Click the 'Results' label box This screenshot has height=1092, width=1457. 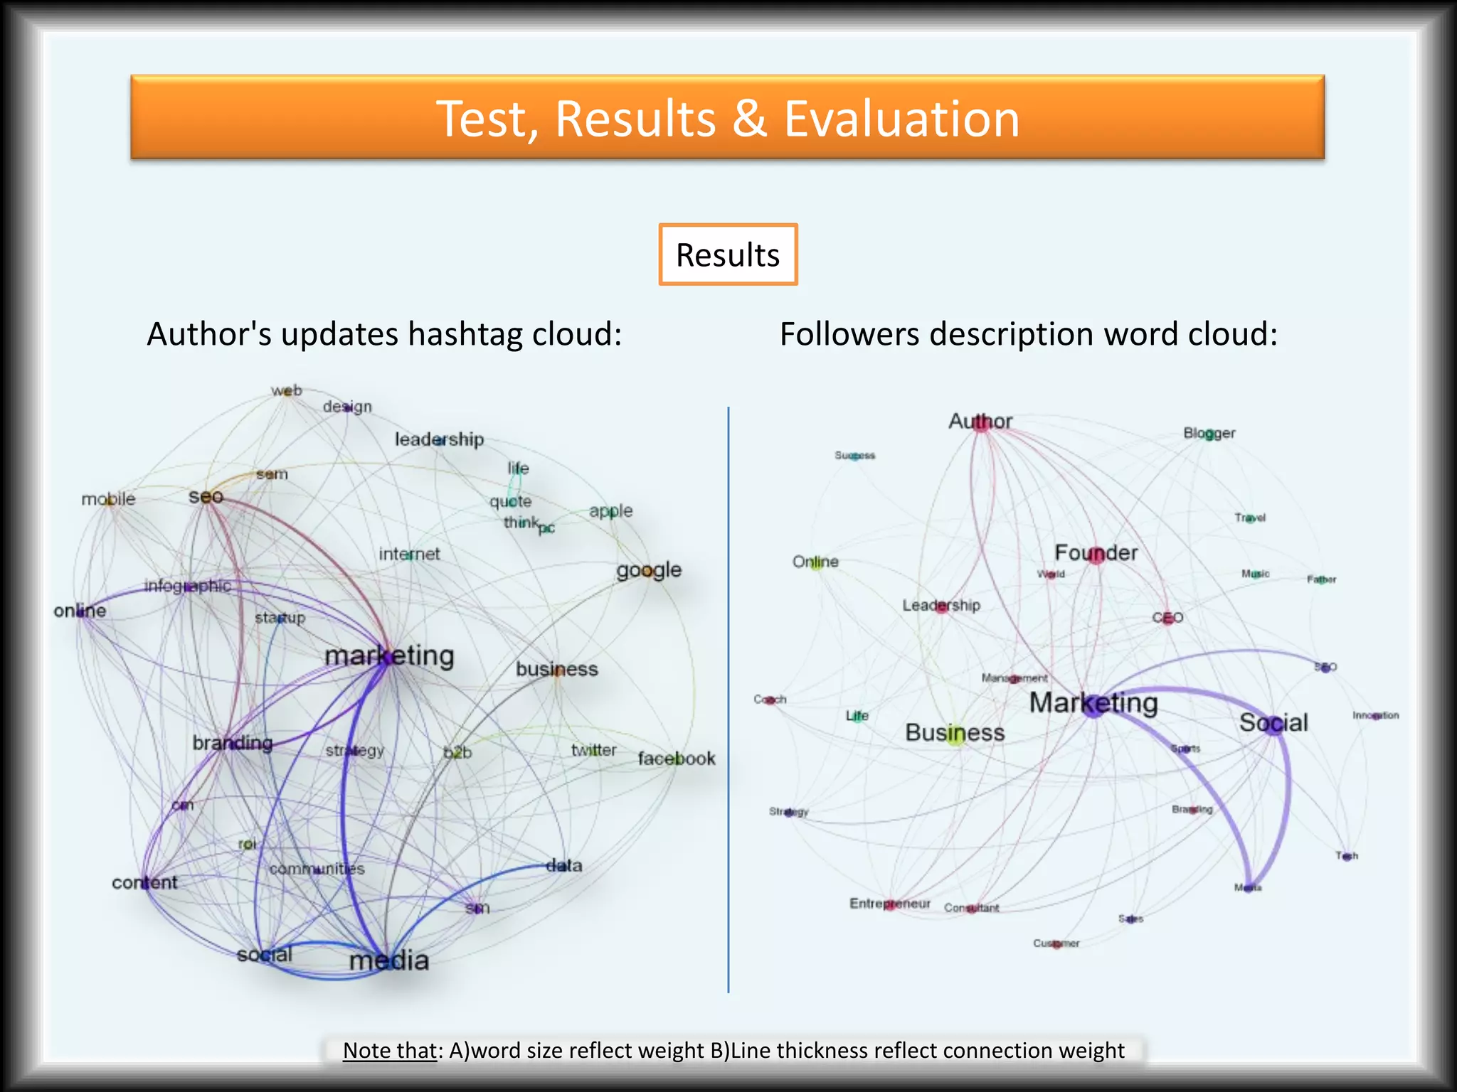click(728, 255)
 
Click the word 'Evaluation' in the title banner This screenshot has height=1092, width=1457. click(901, 118)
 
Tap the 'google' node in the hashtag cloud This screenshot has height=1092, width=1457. click(649, 570)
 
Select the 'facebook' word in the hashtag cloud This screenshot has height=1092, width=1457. click(676, 759)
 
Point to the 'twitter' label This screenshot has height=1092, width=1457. click(593, 750)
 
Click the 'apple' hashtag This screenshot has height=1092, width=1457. click(610, 510)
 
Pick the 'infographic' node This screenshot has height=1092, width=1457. click(187, 586)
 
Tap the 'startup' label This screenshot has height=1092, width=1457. click(280, 617)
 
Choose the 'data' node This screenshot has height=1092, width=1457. click(563, 865)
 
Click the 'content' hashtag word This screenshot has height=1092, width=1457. click(144, 882)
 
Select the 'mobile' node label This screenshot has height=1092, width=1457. click(108, 499)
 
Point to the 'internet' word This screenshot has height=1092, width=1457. click(409, 554)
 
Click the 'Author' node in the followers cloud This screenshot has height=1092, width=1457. click(980, 422)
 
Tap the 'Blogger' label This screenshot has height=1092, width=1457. click(1209, 433)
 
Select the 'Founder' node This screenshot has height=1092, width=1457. click(1096, 552)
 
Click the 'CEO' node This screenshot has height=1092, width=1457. click(1167, 617)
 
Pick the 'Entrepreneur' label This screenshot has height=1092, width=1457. click(889, 904)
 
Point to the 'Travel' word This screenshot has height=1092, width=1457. click(1250, 518)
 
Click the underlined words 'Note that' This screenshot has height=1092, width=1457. click(388, 1050)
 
